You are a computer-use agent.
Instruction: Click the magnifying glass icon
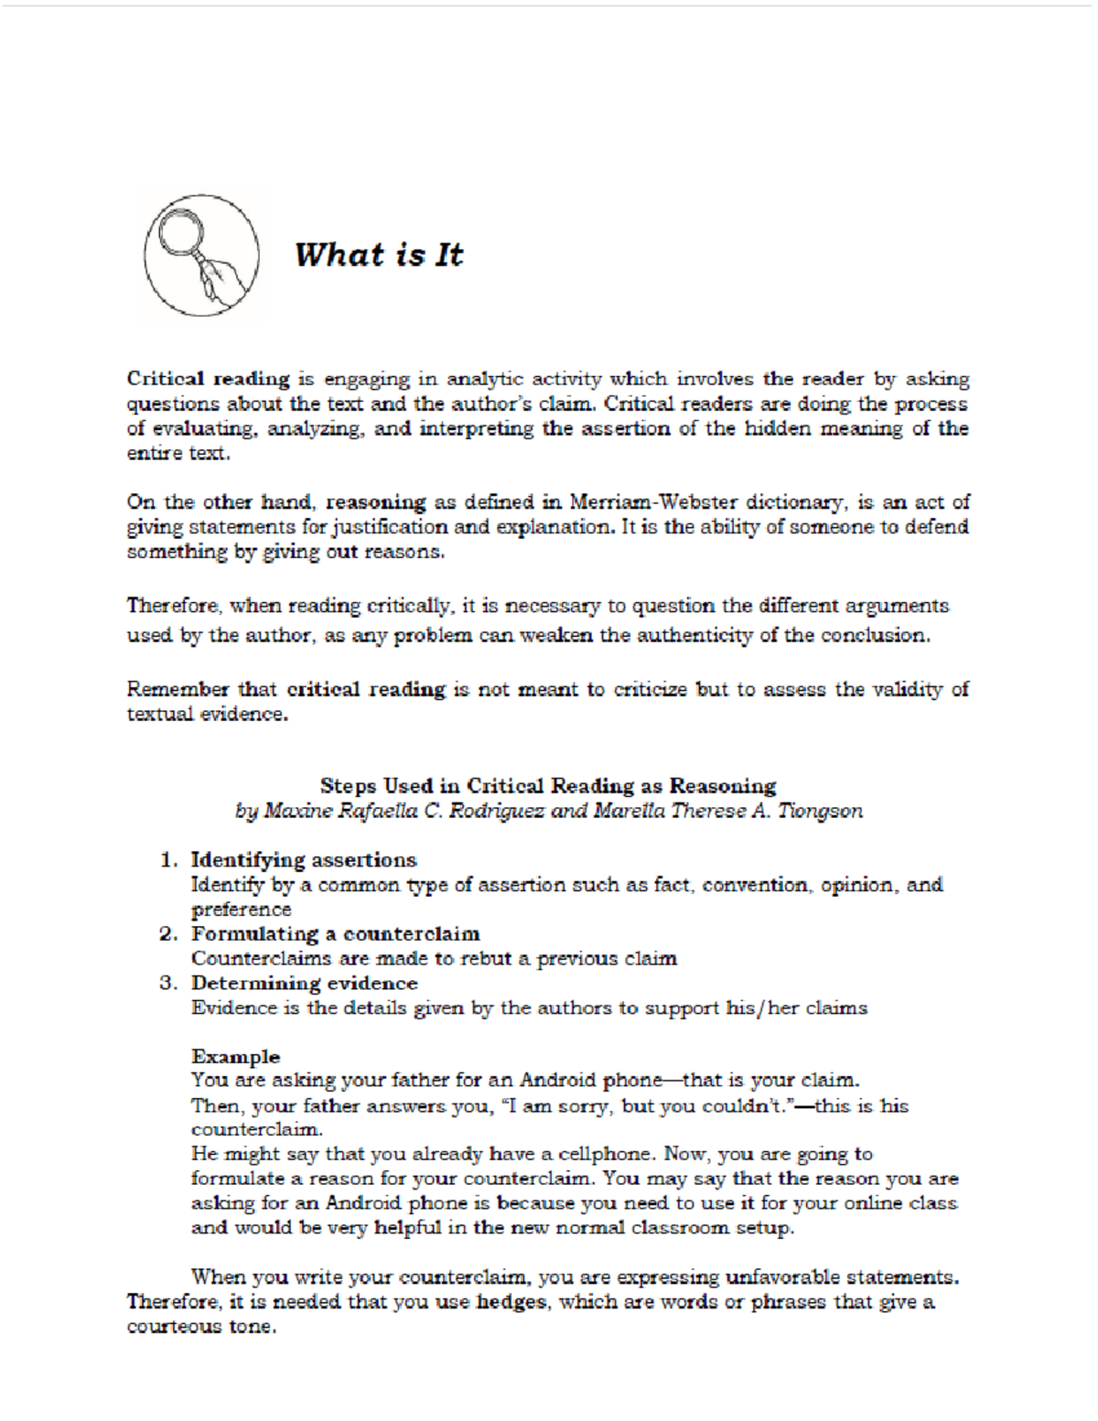click(x=200, y=253)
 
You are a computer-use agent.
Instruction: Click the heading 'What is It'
click(x=378, y=254)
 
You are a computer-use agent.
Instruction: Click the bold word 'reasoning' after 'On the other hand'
click(x=375, y=501)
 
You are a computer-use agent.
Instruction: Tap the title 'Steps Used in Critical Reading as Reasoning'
click(x=547, y=785)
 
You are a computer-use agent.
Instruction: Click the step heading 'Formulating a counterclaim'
click(x=335, y=934)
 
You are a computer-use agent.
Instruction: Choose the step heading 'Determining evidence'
click(x=304, y=984)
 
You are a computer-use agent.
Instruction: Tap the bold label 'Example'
click(x=235, y=1057)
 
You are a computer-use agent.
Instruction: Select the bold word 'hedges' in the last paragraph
click(x=511, y=1302)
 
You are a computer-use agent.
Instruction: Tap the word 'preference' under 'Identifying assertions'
click(x=241, y=910)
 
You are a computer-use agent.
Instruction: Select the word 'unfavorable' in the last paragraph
click(x=782, y=1277)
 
